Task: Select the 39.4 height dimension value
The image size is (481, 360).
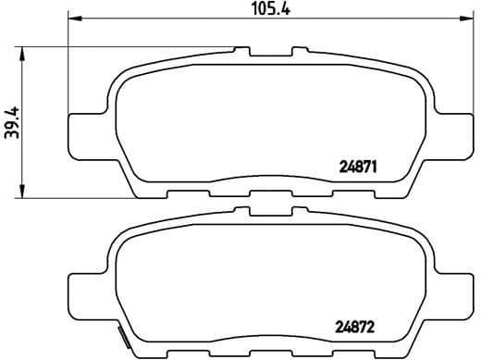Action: click(12, 121)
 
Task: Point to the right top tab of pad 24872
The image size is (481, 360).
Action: click(299, 211)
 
